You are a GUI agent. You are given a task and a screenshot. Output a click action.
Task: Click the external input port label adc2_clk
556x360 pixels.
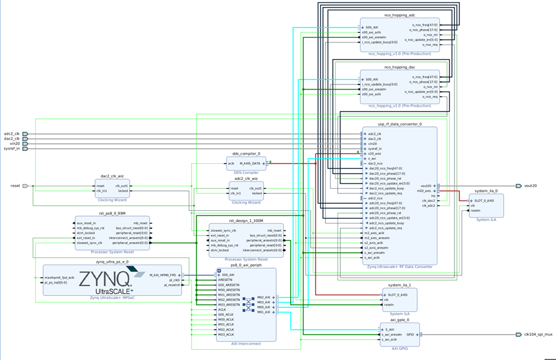pos(11,134)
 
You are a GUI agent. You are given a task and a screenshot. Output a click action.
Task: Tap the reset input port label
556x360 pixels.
pos(15,186)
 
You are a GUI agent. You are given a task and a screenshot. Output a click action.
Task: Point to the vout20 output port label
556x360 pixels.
pos(530,185)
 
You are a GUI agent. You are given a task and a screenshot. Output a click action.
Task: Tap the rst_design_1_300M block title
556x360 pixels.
pos(246,221)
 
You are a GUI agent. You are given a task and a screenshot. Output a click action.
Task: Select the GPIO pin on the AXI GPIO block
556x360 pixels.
pos(409,334)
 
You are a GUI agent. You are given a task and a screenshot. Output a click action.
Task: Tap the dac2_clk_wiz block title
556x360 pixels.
pos(112,176)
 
